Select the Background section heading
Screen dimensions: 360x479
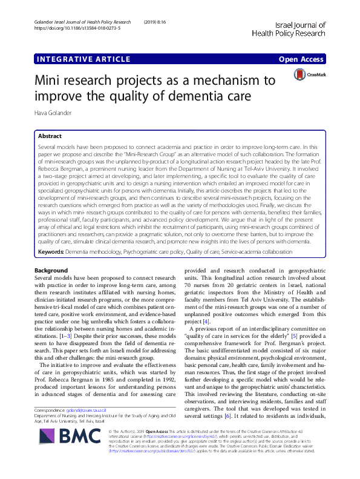coord(51,269)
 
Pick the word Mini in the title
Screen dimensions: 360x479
coord(51,81)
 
